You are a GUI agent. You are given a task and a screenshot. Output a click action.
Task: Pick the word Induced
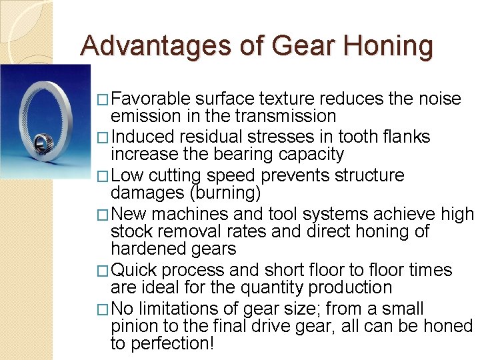[141, 137]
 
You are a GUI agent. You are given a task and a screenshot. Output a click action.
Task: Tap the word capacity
[313, 155]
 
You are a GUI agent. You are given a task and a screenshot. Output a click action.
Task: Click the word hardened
[145, 249]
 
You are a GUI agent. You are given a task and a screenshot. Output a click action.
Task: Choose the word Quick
[133, 271]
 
